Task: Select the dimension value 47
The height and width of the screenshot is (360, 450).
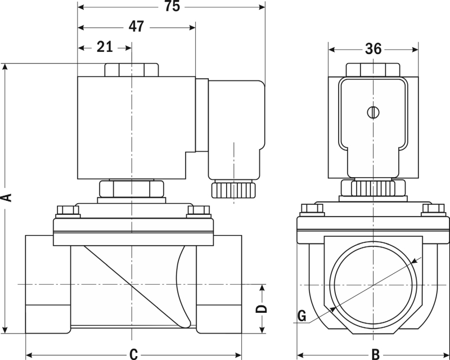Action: pyautogui.click(x=136, y=26)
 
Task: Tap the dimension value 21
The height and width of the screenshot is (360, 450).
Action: pyautogui.click(x=105, y=47)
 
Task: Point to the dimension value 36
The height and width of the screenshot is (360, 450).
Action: pyautogui.click(x=373, y=49)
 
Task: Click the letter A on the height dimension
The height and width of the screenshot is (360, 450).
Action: pyautogui.click(x=6, y=196)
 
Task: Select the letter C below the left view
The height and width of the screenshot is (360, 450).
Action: pyautogui.click(x=133, y=354)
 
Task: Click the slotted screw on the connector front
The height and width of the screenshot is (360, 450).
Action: pyautogui.click(x=372, y=112)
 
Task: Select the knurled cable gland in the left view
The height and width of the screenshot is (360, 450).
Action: pyautogui.click(x=233, y=189)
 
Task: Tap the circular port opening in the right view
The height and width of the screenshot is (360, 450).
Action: pyautogui.click(x=372, y=284)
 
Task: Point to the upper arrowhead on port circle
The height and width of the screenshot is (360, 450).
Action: pyautogui.click(x=415, y=259)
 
